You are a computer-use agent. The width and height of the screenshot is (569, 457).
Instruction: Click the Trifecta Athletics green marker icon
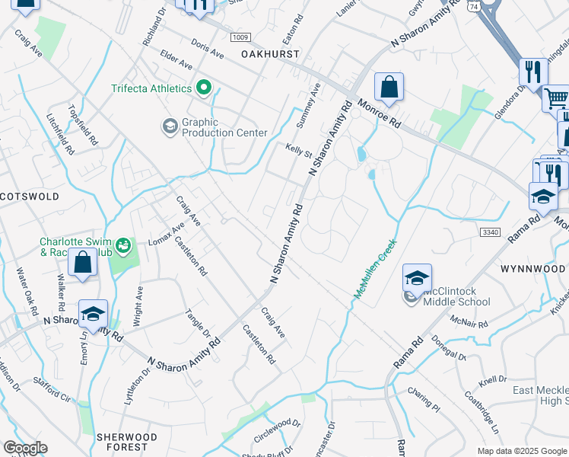203,88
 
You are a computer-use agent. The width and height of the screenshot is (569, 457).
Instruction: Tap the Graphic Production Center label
224,127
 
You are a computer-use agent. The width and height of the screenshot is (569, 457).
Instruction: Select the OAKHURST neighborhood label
270,54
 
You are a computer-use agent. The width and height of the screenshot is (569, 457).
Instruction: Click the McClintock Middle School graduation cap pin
417,279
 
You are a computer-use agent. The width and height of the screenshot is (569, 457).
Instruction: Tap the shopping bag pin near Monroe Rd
389,88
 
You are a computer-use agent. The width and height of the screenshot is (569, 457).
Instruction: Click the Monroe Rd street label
379,113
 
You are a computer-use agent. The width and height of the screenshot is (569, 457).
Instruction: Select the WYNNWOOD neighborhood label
533,270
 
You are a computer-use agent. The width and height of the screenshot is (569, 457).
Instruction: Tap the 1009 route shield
241,37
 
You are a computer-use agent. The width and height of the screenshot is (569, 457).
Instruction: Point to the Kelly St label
299,152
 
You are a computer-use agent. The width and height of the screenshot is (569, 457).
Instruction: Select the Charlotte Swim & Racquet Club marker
119,247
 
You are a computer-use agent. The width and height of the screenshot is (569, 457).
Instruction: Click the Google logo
25,448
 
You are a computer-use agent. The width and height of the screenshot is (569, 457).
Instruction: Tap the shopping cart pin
556,97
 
